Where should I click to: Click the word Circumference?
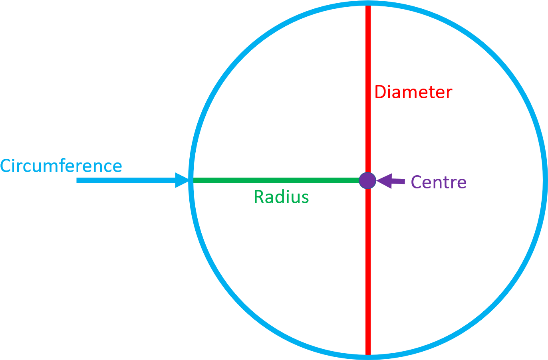pyautogui.click(x=61, y=166)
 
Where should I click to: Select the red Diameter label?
pyautogui.click(x=413, y=92)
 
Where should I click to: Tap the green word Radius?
pyautogui.click(x=281, y=197)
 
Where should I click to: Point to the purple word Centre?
pyautogui.click(x=439, y=182)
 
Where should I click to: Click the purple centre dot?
pyautogui.click(x=367, y=180)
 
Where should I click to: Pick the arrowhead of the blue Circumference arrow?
pyautogui.click(x=183, y=180)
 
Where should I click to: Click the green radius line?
pyautogui.click(x=276, y=180)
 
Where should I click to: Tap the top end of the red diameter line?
pyautogui.click(x=368, y=6)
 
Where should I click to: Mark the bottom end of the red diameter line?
pyautogui.click(x=368, y=354)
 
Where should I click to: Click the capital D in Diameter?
pyautogui.click(x=380, y=92)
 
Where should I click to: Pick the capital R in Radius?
pyautogui.click(x=258, y=197)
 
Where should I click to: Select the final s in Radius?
pyautogui.click(x=305, y=198)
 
